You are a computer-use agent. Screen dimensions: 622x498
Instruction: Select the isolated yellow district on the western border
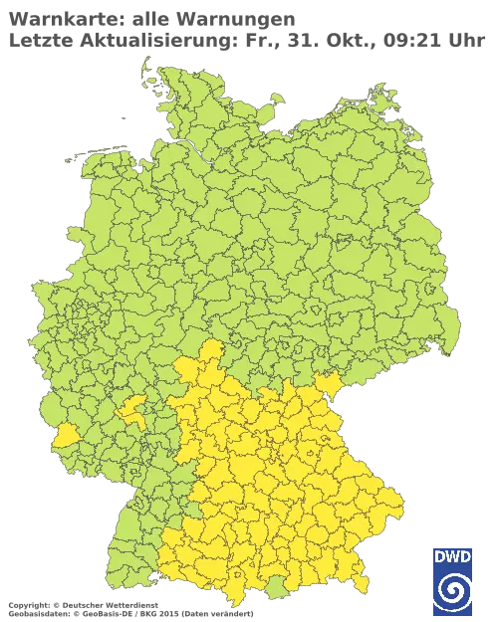point(66,435)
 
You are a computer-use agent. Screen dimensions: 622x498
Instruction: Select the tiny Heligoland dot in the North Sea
point(121,114)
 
